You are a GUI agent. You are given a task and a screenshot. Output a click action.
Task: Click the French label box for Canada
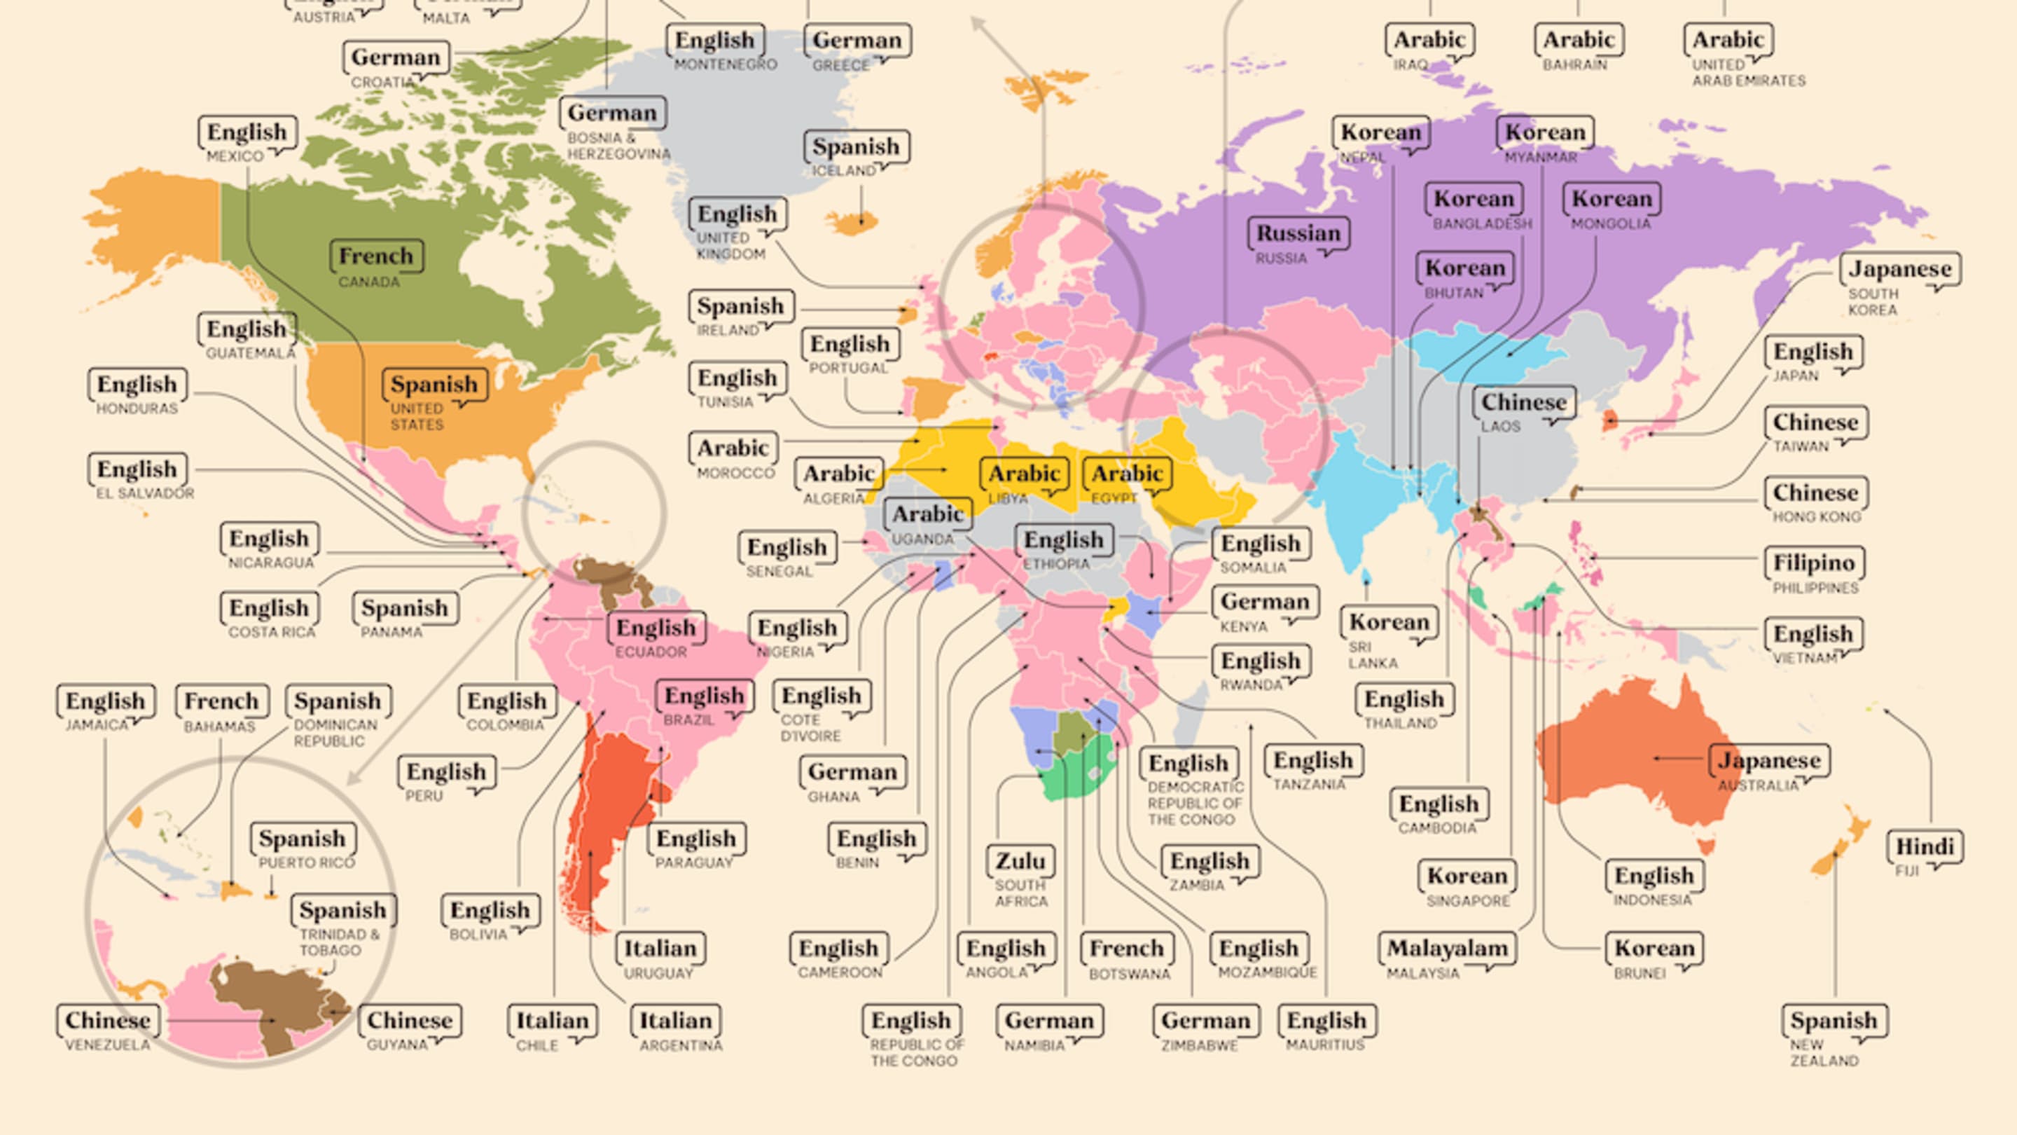click(376, 256)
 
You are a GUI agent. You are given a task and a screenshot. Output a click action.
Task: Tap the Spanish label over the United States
click(434, 385)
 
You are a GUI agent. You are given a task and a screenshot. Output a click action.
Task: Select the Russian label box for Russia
click(1298, 233)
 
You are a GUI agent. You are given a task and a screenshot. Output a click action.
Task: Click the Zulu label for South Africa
click(1020, 862)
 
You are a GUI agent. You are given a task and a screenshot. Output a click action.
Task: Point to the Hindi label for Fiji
click(1925, 847)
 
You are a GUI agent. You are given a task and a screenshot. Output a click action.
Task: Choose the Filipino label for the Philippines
click(1813, 563)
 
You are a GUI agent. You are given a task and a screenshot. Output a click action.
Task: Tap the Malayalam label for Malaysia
click(1447, 949)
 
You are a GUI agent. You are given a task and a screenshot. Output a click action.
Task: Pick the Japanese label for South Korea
click(1899, 270)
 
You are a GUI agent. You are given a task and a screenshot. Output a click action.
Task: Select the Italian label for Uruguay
click(659, 949)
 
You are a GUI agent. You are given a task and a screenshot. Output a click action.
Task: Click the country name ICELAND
click(843, 171)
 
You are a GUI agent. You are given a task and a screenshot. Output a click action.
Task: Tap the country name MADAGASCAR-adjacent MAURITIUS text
click(1325, 1045)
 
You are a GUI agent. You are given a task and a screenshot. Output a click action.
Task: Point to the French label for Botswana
click(1127, 949)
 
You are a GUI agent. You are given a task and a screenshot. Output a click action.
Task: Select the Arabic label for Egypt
click(1127, 474)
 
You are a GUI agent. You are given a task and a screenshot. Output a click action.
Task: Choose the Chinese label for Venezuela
click(107, 1021)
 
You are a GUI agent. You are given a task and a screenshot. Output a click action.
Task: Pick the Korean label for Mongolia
click(1611, 199)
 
